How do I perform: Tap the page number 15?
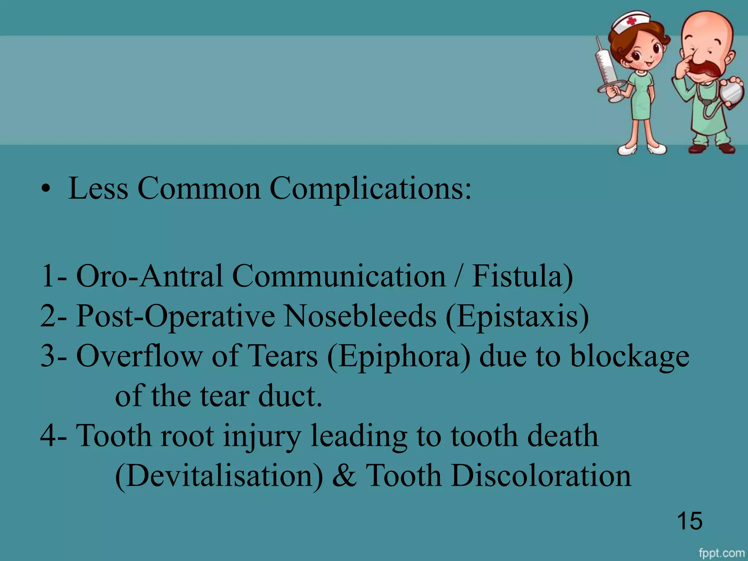coord(690,521)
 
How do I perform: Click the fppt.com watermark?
coord(722,553)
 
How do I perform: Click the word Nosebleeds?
coord(360,316)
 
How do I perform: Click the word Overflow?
coord(139,356)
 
